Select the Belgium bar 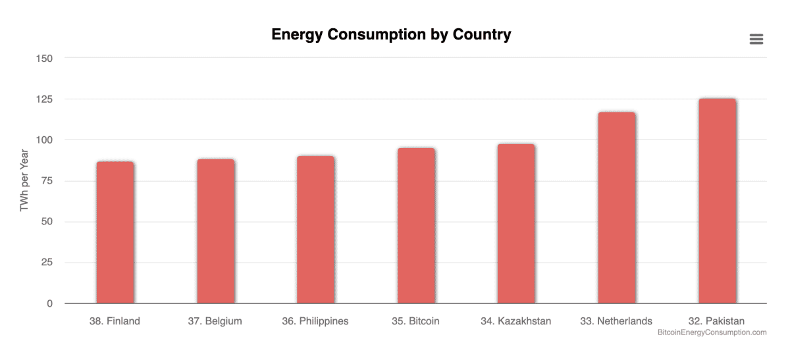tap(215, 231)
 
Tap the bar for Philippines tap(315, 230)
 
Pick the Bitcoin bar tap(416, 226)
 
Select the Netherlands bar tap(617, 208)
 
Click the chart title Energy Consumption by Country tap(391, 35)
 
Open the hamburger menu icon tap(756, 39)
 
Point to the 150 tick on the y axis tap(44, 58)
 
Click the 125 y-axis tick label tap(44, 99)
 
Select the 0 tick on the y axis tap(49, 303)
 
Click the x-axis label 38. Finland tap(115, 321)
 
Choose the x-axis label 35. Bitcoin tap(415, 321)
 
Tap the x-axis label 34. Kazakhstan tap(516, 321)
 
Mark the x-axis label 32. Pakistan tap(716, 321)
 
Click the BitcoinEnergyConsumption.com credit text tap(712, 333)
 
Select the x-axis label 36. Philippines tap(315, 321)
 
